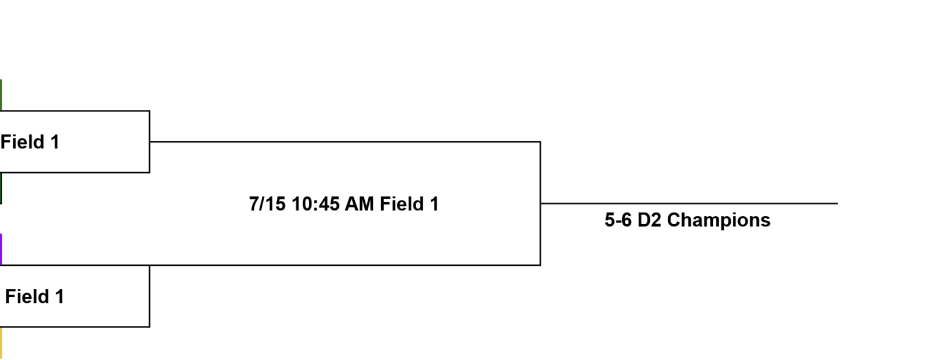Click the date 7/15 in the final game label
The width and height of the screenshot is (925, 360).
pyautogui.click(x=267, y=204)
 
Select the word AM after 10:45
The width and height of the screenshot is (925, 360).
pyautogui.click(x=359, y=204)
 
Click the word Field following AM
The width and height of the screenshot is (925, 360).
pyautogui.click(x=402, y=204)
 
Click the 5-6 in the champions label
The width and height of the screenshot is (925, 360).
pyautogui.click(x=618, y=220)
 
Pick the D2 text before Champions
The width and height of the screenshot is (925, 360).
pyautogui.click(x=649, y=220)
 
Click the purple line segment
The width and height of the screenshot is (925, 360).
pyautogui.click(x=1, y=249)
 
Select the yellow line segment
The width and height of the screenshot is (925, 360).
pyautogui.click(x=1, y=343)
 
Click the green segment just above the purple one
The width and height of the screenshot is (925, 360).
pyautogui.click(x=1, y=188)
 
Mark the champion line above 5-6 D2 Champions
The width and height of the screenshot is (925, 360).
pyautogui.click(x=689, y=203)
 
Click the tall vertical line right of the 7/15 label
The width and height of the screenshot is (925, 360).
pyautogui.click(x=541, y=203)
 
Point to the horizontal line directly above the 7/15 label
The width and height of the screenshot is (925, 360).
pyautogui.click(x=345, y=142)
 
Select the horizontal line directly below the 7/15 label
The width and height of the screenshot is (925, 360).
pyautogui.click(x=271, y=265)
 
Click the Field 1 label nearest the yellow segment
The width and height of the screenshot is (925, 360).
pyautogui.click(x=35, y=296)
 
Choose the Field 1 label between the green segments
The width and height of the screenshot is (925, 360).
pyautogui.click(x=30, y=142)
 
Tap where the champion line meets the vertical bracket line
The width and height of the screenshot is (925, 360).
pyautogui.click(x=541, y=203)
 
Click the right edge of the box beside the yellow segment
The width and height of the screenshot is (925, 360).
pyautogui.click(x=150, y=296)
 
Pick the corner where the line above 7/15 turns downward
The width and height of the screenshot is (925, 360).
pyautogui.click(x=541, y=142)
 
